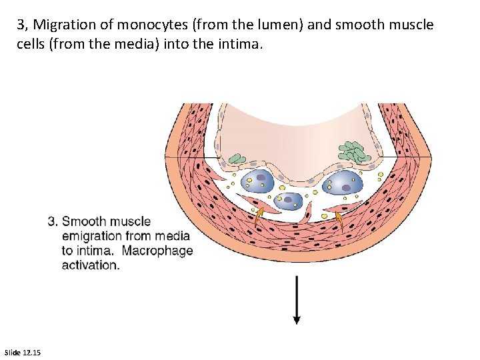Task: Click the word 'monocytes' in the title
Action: (146, 25)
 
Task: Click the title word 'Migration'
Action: (64, 25)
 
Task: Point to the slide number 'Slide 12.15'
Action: (22, 352)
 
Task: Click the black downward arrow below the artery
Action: (297, 300)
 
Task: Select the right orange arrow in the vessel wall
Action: (340, 219)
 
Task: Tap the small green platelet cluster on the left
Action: (237, 159)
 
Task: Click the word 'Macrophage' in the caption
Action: (157, 251)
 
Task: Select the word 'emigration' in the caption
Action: (92, 236)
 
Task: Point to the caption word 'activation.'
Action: (91, 265)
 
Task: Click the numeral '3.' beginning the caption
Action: (53, 221)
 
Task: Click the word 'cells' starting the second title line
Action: (33, 44)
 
